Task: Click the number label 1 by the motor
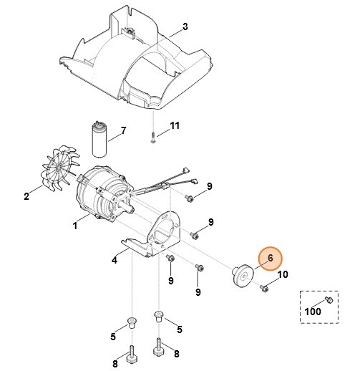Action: [76, 226]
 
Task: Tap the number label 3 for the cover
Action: [185, 27]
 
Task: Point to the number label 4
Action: [115, 260]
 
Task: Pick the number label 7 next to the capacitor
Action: [122, 130]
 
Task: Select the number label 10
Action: [282, 274]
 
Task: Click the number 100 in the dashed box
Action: [313, 312]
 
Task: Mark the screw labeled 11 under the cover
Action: [153, 138]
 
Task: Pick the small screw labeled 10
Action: [265, 288]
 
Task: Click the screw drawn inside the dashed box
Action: [327, 300]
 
